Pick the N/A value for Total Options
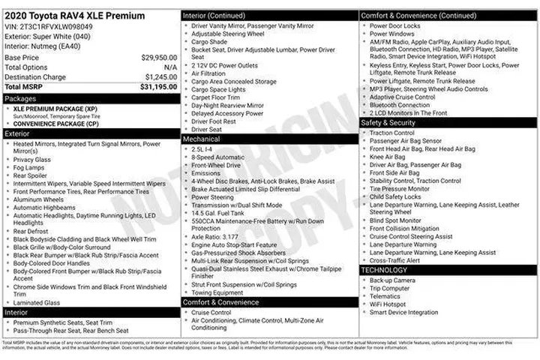point(170,67)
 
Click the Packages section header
point(20,98)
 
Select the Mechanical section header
point(202,139)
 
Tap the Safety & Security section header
point(388,122)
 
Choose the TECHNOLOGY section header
point(384,270)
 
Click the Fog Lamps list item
point(30,167)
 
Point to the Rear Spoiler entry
point(32,175)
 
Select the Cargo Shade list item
point(209,42)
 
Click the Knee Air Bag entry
point(387,157)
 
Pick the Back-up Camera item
point(392,280)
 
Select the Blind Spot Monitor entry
point(395,220)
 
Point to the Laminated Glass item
point(37,302)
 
